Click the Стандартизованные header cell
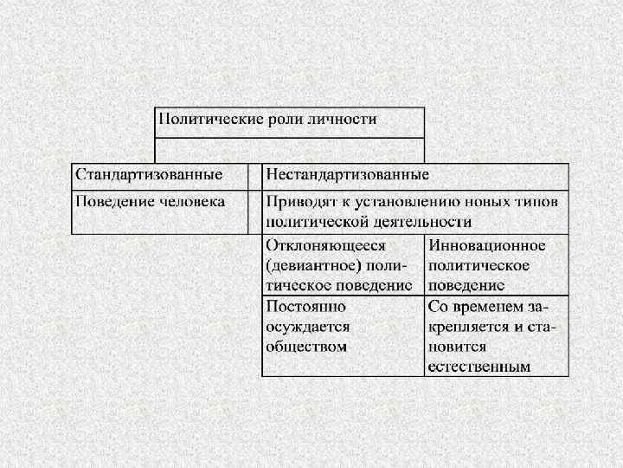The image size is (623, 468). pos(149,175)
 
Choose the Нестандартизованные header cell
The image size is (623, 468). pos(348,175)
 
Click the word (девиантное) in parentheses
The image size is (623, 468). pos(307,264)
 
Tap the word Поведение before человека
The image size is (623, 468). pos(110,201)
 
